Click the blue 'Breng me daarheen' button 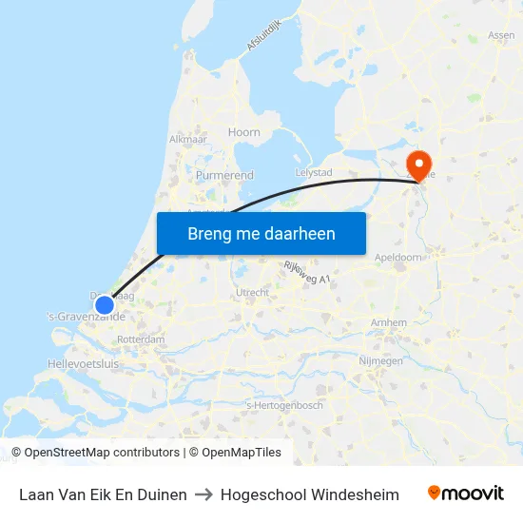(261, 233)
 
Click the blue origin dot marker (105, 305)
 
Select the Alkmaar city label (187, 139)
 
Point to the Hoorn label (244, 133)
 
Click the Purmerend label (224, 176)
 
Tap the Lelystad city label (314, 172)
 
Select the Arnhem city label (389, 323)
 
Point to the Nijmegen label (380, 361)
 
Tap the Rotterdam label (141, 339)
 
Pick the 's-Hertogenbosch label (284, 405)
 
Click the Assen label (501, 35)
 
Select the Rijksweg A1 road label (306, 273)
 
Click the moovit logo (466, 494)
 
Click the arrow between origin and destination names (203, 494)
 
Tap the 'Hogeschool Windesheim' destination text (310, 494)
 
